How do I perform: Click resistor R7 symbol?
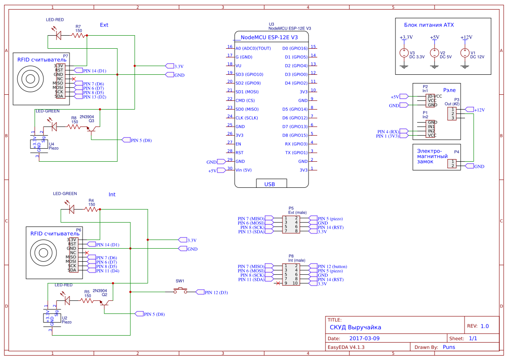[79, 36]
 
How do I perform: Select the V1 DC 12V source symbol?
[465, 53]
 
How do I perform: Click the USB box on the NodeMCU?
[269, 183]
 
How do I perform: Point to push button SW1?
[180, 291]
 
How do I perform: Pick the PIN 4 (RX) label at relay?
[388, 131]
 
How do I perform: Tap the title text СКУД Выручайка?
[355, 327]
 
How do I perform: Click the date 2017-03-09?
[364, 338]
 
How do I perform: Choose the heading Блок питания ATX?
[429, 25]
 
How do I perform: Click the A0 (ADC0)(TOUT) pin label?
[253, 48]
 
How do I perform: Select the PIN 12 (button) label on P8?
[332, 267]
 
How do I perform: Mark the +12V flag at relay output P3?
[479, 110]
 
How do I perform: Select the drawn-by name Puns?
[449, 347]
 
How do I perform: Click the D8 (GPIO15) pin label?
[295, 135]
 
